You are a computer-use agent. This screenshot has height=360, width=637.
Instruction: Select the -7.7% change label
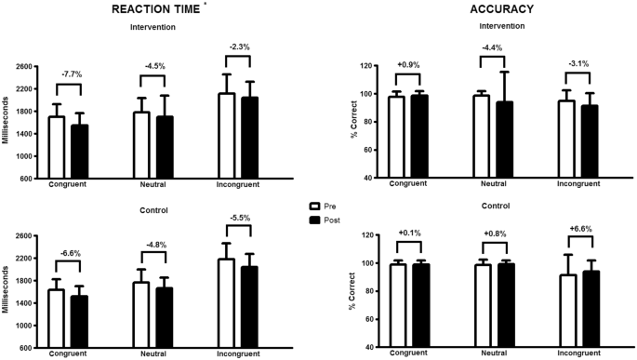coord(71,72)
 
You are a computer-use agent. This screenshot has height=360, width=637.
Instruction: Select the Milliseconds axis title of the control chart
coord(8,290)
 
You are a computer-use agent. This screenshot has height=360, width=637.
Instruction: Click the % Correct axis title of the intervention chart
coord(354,121)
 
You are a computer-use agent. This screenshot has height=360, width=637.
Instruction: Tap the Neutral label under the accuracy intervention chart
coord(491,184)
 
